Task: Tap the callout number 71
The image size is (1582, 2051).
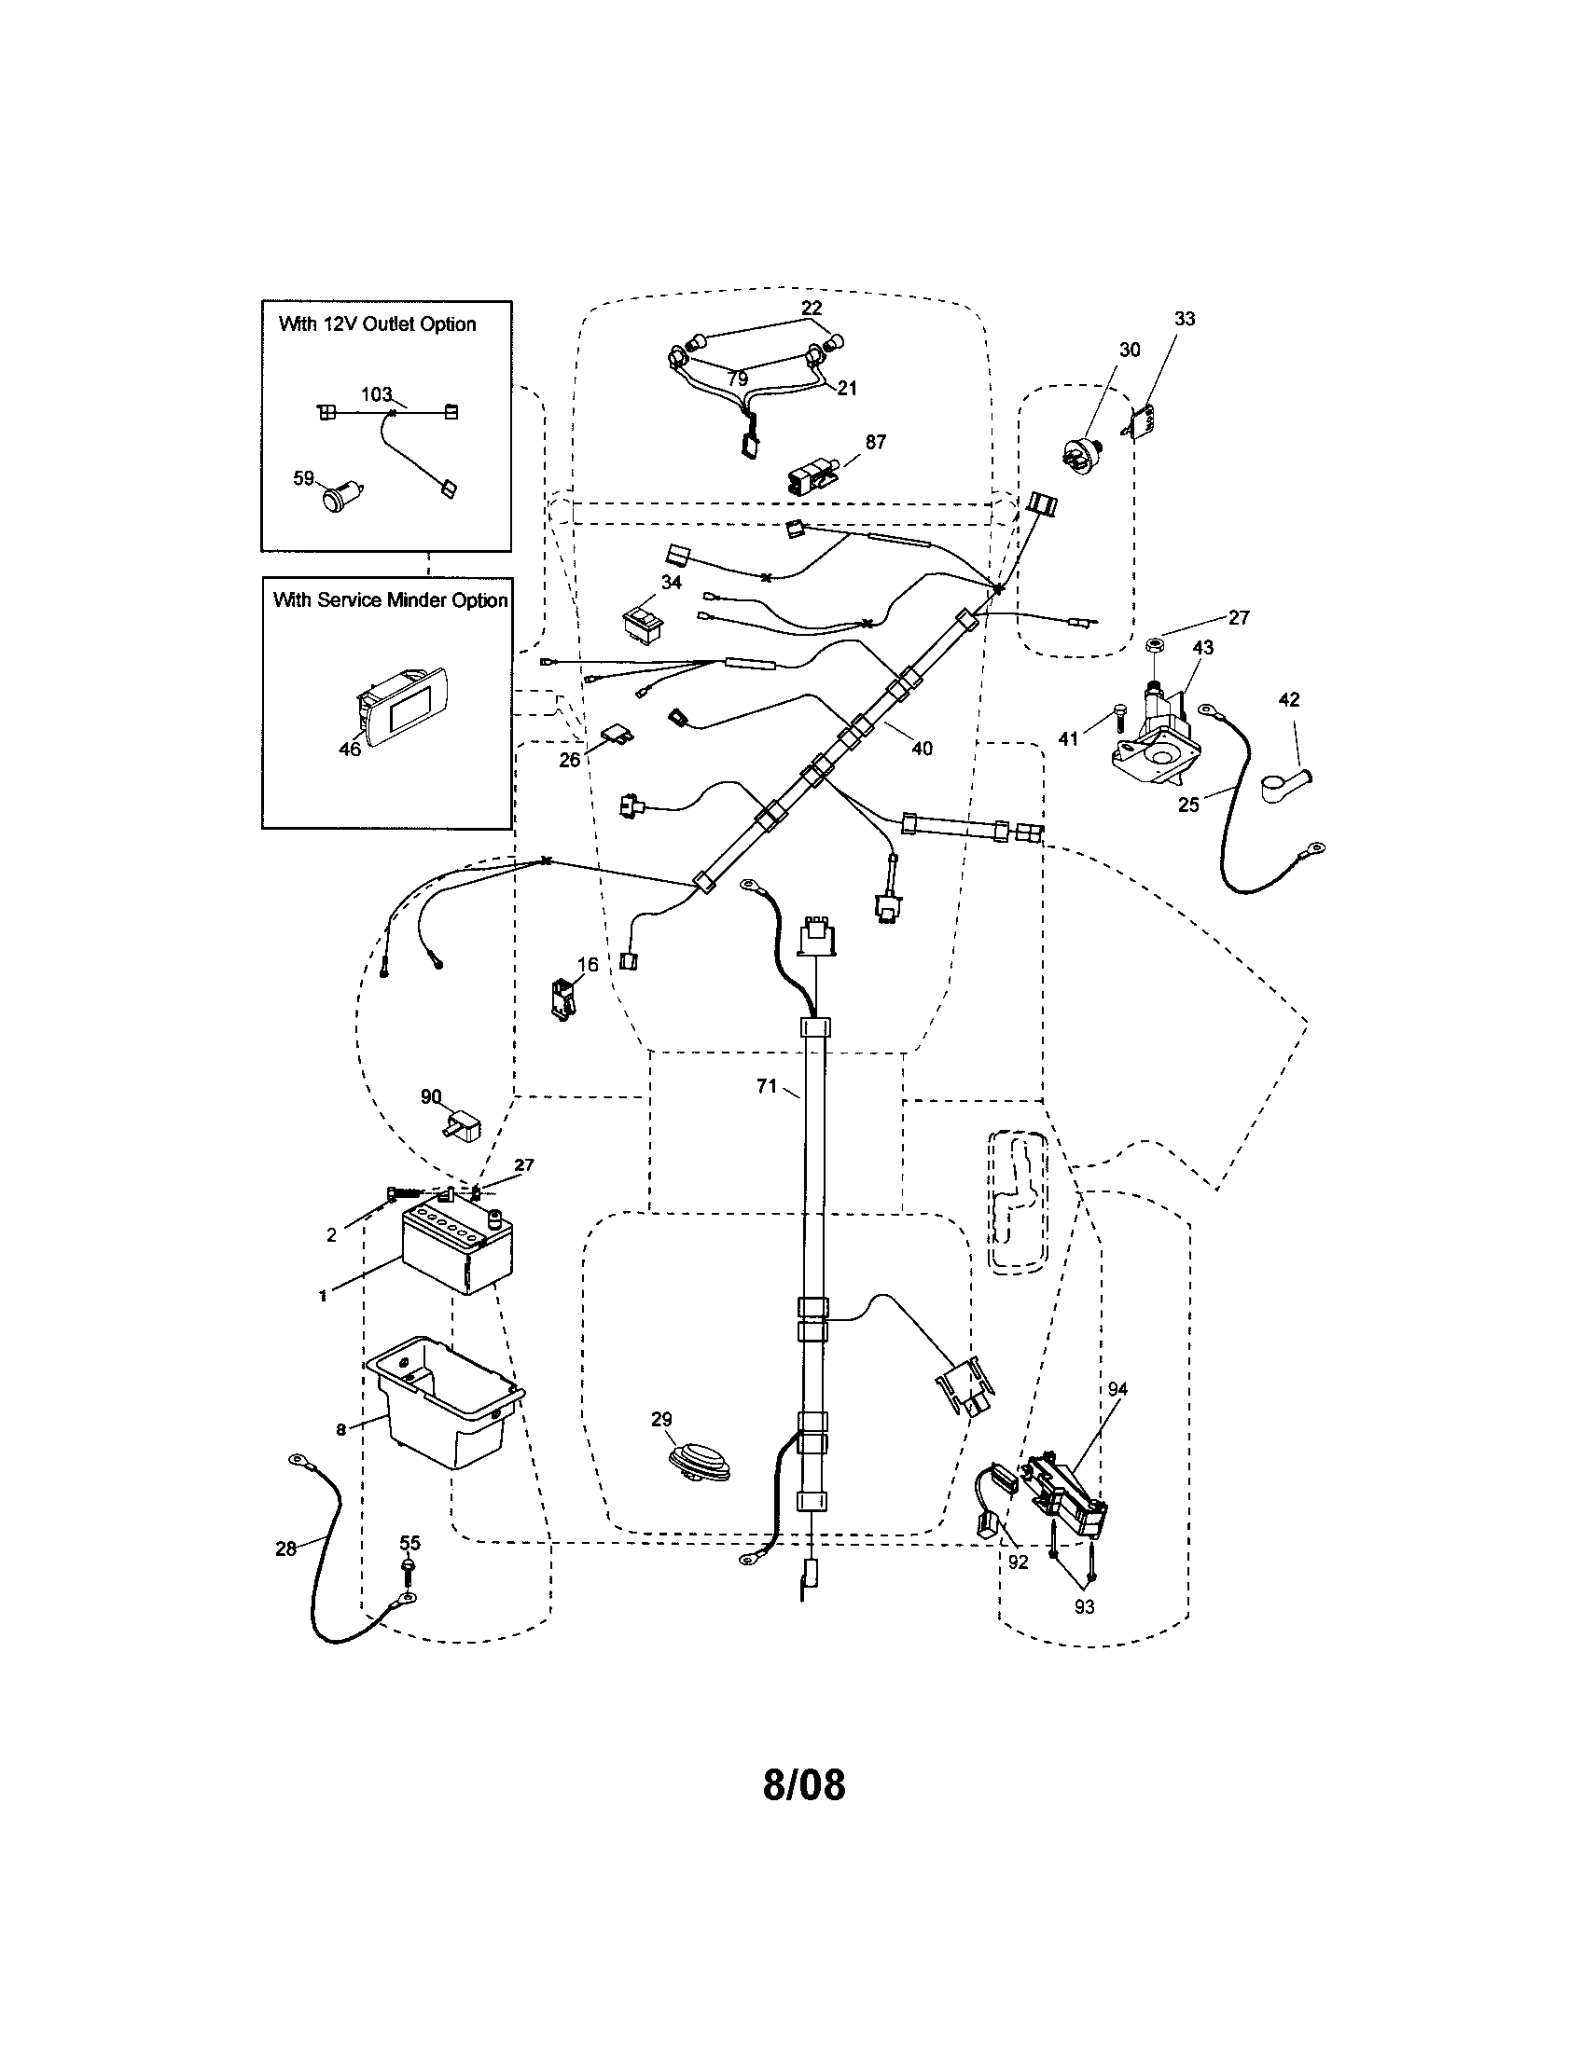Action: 767,1085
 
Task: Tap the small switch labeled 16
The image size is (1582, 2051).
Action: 562,998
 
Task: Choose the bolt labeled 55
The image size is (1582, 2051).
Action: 408,1576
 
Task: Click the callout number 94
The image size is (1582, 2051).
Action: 1117,1388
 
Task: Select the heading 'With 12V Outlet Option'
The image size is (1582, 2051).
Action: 378,324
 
